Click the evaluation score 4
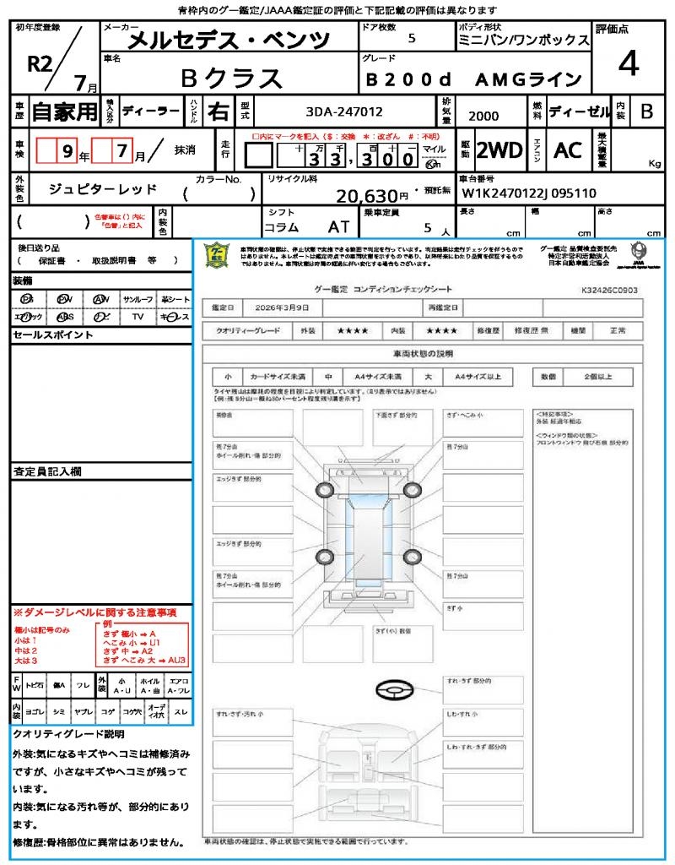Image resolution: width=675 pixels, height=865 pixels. pyautogui.click(x=627, y=64)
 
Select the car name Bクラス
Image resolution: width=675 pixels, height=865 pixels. pyautogui.click(x=231, y=78)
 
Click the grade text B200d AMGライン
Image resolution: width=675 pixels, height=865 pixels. pyautogui.click(x=473, y=79)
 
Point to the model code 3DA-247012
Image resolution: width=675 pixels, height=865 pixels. pyautogui.click(x=344, y=111)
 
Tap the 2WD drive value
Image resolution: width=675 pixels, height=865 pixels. pyautogui.click(x=499, y=150)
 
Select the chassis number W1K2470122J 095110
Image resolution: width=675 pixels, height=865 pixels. pyautogui.click(x=530, y=193)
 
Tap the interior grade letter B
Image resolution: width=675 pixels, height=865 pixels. pyautogui.click(x=645, y=111)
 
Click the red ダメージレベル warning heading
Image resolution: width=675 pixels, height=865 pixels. pyautogui.click(x=94, y=611)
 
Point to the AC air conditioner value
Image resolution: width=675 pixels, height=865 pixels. pyautogui.click(x=568, y=150)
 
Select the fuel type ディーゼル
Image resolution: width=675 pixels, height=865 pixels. pyautogui.click(x=578, y=111)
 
